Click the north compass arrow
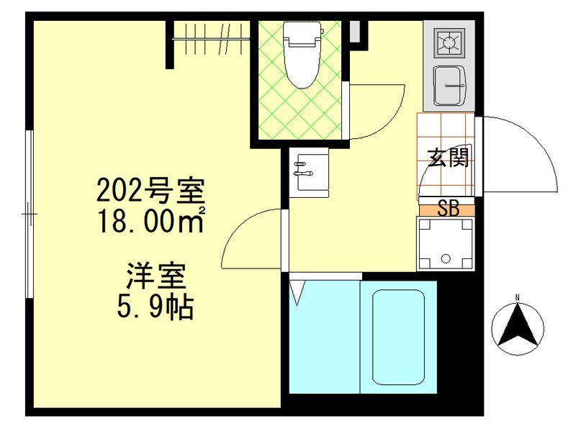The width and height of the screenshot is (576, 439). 517,327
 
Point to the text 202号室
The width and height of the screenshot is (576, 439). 152,191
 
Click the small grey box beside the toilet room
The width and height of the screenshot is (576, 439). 354,31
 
